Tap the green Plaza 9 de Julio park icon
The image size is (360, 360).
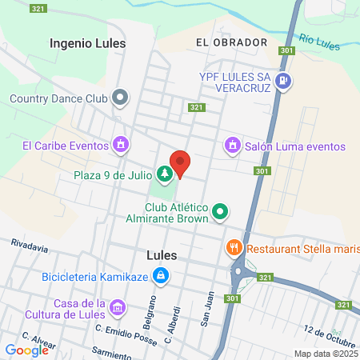coord(164,172)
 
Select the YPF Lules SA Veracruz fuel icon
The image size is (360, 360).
coord(282,81)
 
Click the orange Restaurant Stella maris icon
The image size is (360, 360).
coord(234,248)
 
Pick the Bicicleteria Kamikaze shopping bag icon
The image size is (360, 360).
coord(161,276)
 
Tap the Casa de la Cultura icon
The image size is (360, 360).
coord(118,308)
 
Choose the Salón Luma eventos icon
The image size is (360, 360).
coord(232,146)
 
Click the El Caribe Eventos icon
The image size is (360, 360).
coord(120,145)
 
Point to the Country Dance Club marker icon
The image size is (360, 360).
coord(121,99)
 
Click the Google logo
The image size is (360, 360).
coord(26,350)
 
